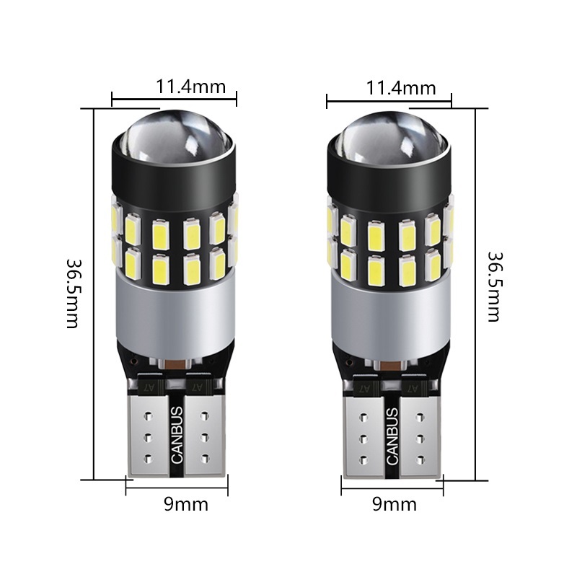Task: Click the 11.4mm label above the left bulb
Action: click(x=190, y=87)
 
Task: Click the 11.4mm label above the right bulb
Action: click(x=401, y=88)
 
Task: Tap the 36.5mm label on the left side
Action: click(x=73, y=294)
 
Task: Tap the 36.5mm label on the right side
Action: click(x=494, y=286)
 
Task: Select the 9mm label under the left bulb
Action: click(x=186, y=504)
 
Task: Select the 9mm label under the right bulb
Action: click(x=395, y=504)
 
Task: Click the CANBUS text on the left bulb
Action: click(x=177, y=435)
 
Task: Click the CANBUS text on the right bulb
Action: click(x=392, y=436)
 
